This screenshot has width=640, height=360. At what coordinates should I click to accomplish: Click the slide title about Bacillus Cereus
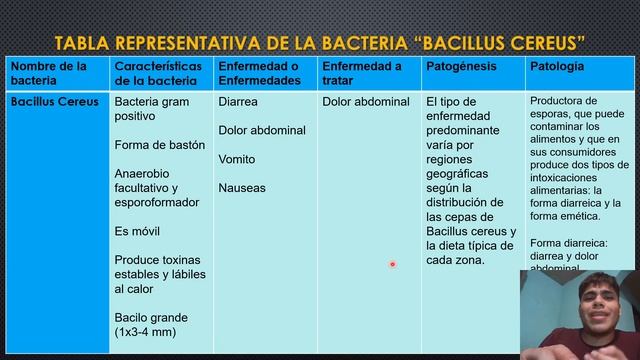320,43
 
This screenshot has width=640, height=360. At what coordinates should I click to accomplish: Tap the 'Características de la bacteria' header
158,73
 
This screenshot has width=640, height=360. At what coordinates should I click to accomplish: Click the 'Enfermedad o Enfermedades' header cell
259,73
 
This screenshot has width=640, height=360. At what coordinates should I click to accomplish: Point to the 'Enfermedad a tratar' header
362,73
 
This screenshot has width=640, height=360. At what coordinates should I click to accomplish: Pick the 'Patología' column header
557,66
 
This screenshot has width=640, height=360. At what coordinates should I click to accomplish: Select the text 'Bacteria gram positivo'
153,109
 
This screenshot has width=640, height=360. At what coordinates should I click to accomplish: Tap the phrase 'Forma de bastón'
160,145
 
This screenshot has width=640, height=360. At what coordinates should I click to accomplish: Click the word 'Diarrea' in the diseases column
238,102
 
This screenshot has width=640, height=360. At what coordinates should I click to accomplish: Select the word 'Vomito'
237,159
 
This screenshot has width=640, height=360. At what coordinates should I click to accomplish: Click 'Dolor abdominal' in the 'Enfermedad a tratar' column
366,102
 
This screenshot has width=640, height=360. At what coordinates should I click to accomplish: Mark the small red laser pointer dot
392,265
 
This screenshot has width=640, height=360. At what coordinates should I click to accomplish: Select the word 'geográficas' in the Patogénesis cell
457,173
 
